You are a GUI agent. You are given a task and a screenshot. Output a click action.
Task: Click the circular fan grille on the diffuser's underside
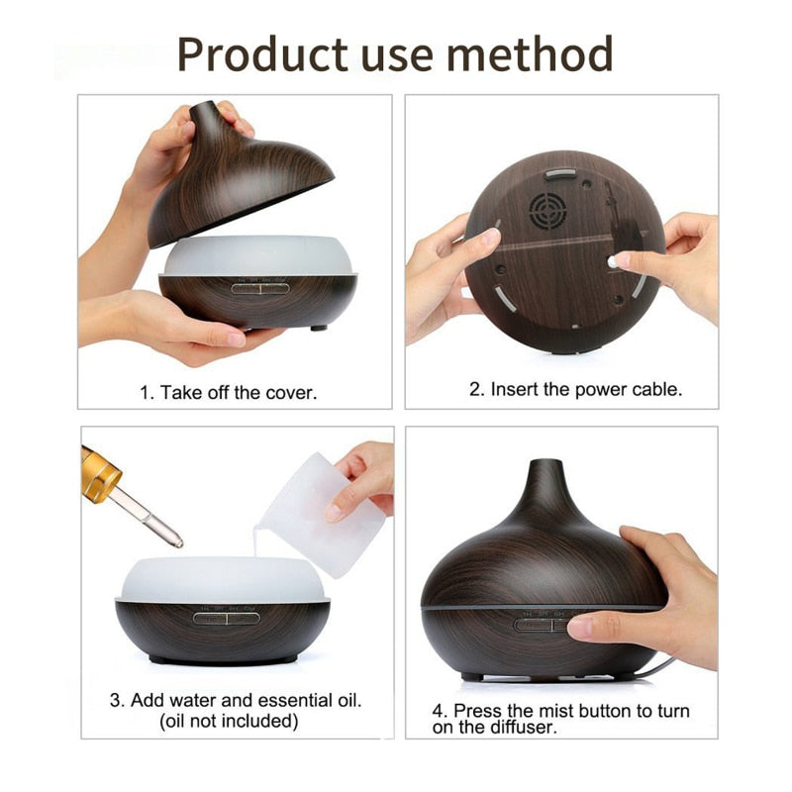(545, 211)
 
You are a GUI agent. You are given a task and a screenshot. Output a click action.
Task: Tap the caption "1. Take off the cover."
(229, 392)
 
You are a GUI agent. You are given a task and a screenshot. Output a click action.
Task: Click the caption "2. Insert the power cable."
(575, 389)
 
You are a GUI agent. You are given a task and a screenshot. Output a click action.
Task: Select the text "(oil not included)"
(229, 721)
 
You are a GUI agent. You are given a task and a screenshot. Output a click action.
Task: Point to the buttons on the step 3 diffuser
(227, 618)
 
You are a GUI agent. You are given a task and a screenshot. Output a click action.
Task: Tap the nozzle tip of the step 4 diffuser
(542, 466)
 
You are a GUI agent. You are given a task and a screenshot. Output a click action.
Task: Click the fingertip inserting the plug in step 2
(620, 260)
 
